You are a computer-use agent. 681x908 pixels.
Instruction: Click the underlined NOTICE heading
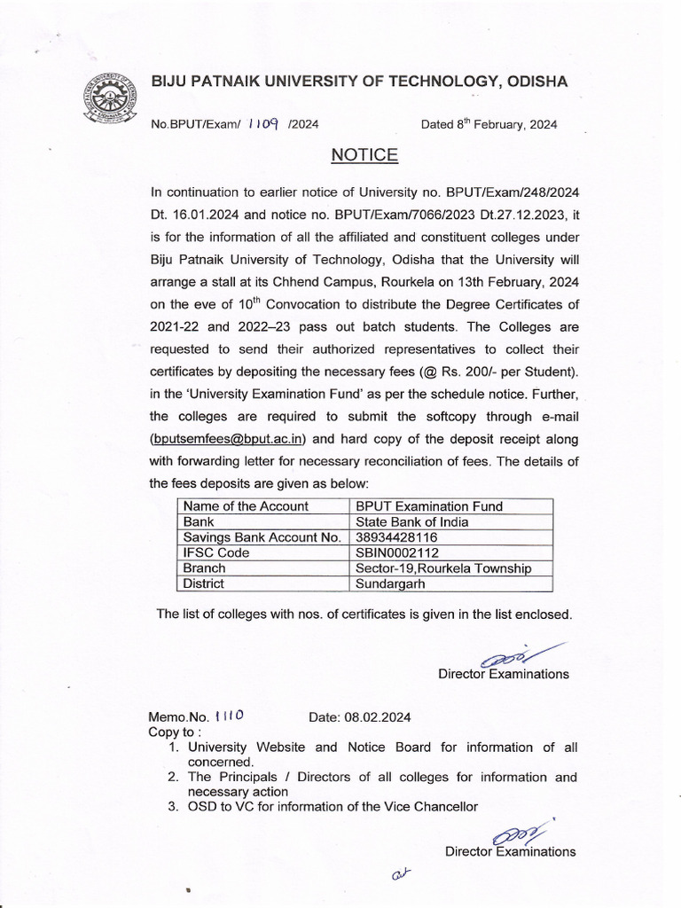[364, 156]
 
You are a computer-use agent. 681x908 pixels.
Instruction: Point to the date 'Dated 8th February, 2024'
[489, 124]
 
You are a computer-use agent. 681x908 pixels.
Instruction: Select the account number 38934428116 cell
[396, 537]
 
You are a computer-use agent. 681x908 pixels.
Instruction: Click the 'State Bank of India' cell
[412, 521]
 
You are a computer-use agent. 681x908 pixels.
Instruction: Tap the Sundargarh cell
[391, 583]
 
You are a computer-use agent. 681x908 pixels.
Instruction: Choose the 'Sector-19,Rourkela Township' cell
[442, 568]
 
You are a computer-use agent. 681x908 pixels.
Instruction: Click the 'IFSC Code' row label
[215, 552]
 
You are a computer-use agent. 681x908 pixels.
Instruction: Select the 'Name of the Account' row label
[246, 506]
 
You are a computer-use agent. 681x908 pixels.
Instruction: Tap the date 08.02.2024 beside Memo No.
[359, 717]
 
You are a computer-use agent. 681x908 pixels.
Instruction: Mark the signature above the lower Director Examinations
[521, 834]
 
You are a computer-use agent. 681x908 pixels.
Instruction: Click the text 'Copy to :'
[175, 732]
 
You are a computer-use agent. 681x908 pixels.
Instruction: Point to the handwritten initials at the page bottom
[403, 874]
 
